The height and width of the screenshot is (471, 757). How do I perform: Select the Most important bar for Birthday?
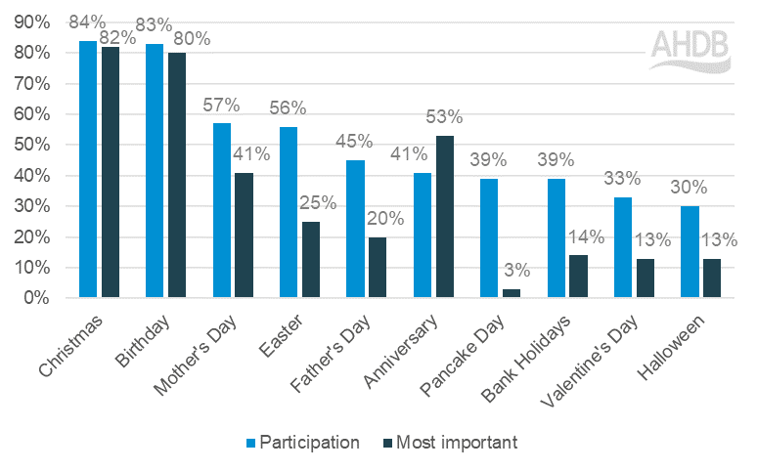pos(176,175)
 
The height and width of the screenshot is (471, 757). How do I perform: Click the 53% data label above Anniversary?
pos(444,118)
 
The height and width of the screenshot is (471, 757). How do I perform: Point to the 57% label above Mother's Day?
pos(221,105)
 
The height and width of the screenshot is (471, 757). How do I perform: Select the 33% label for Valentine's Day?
pos(622,178)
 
